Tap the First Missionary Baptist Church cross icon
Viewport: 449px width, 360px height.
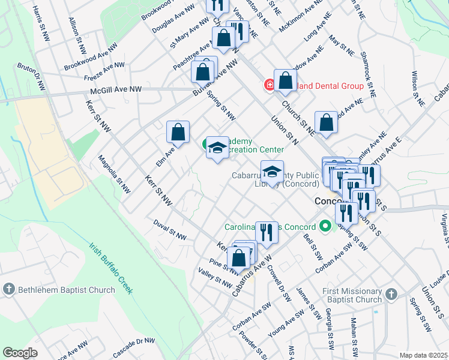391,294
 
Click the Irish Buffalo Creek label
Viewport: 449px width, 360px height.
111,268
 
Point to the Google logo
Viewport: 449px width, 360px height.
20,352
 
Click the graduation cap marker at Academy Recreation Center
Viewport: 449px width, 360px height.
217,148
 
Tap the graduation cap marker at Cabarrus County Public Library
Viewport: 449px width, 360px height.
272,172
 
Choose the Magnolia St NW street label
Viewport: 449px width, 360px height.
115,175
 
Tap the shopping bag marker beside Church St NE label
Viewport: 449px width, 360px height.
325,122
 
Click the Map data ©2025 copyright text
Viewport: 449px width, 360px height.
423,355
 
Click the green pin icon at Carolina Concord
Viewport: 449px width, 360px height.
325,227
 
